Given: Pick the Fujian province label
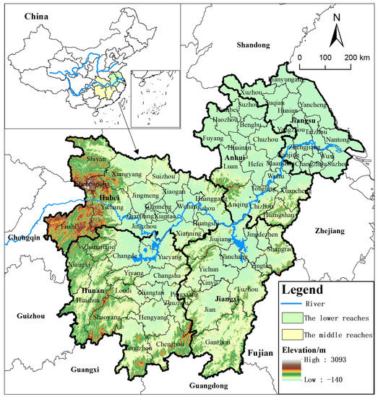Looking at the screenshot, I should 259,353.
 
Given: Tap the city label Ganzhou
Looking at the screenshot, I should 219,342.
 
